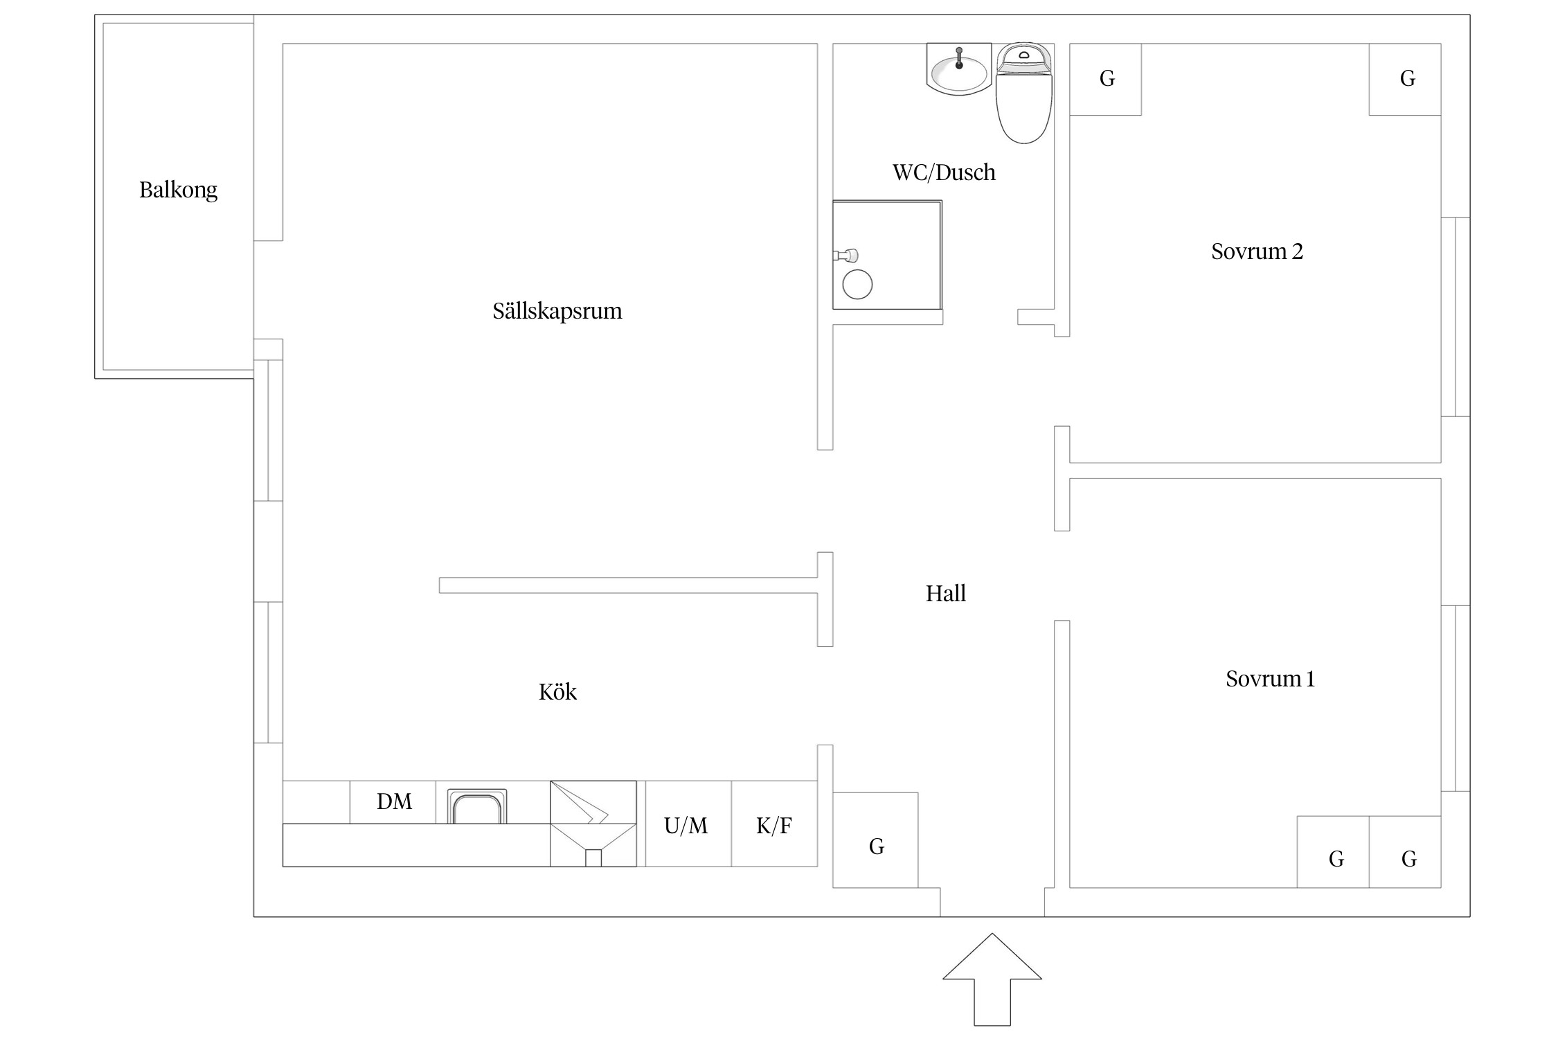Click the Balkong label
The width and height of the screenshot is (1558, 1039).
[x=178, y=190]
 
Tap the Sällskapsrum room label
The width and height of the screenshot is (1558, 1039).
[x=557, y=311]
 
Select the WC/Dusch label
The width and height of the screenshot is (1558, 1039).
[x=944, y=172]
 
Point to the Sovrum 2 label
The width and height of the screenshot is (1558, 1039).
[x=1257, y=251]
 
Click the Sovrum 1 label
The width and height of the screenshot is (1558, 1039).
[x=1270, y=678]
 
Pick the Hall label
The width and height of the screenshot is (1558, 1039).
[x=946, y=593]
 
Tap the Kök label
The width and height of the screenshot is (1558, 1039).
[x=557, y=691]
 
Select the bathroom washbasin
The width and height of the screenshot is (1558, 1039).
[x=959, y=69]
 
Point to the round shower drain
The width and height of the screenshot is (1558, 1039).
[x=857, y=284]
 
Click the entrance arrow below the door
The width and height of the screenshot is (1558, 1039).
[x=992, y=979]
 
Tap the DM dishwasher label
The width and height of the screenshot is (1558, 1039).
[x=394, y=801]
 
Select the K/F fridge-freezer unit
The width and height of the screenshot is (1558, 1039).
[x=774, y=824]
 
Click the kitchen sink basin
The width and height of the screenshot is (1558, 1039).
[x=476, y=807]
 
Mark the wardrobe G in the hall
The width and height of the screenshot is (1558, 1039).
[x=875, y=840]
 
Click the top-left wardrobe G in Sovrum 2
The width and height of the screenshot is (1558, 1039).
[x=1106, y=79]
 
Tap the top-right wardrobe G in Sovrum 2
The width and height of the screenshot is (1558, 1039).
[x=1405, y=79]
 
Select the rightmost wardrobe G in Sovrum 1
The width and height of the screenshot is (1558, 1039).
[x=1405, y=852]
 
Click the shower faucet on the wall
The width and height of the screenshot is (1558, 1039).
[x=845, y=256]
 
